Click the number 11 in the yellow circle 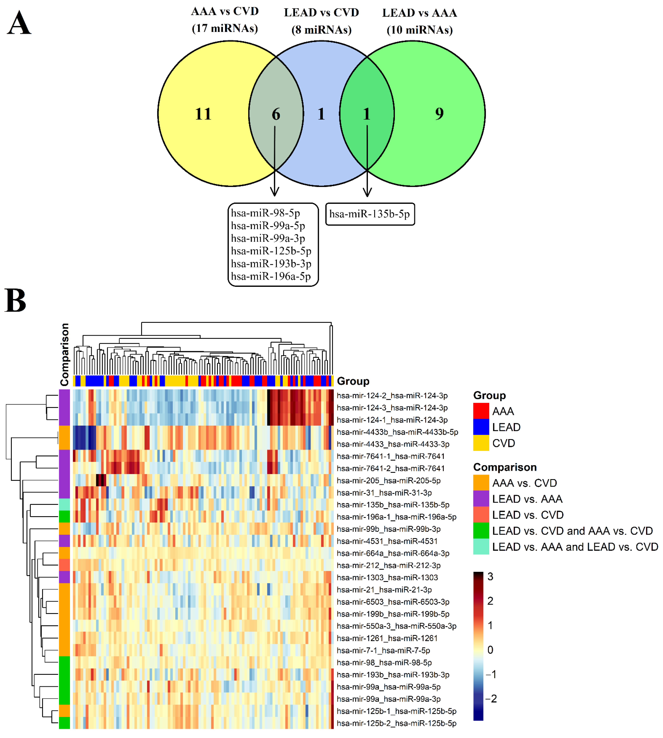click(x=203, y=114)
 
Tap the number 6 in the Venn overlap click(x=276, y=114)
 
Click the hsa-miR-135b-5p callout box click(x=370, y=214)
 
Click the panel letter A click(x=19, y=23)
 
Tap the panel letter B click(x=15, y=300)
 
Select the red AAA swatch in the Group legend click(x=481, y=411)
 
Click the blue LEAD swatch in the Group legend click(x=481, y=427)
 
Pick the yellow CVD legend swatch click(x=481, y=443)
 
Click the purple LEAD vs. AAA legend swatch click(x=481, y=499)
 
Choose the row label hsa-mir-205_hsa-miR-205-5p click(x=388, y=481)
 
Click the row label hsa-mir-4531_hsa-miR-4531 click(x=387, y=541)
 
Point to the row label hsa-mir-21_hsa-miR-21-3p click(x=384, y=589)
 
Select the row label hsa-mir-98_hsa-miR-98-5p click(x=384, y=662)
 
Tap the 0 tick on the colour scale click(x=490, y=649)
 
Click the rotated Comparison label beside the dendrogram click(x=64, y=354)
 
